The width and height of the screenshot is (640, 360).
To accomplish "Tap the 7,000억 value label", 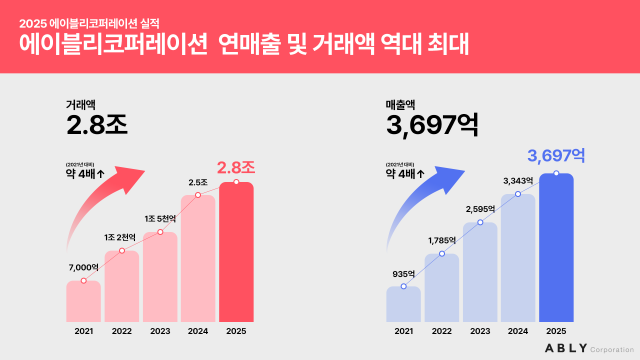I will click(x=83, y=268).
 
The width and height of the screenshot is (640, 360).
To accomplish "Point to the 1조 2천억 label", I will click(x=122, y=236).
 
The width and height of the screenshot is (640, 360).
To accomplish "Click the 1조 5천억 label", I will click(x=160, y=219).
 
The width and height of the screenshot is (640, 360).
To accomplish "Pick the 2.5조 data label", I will click(x=198, y=182).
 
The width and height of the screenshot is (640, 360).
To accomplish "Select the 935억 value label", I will click(x=403, y=272).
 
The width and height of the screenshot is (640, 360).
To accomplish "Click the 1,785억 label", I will click(x=441, y=240).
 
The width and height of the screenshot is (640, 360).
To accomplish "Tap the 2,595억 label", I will click(x=479, y=208).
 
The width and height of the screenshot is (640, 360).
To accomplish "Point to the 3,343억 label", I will click(x=518, y=180).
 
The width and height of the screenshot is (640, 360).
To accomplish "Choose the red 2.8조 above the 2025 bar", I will click(x=237, y=166).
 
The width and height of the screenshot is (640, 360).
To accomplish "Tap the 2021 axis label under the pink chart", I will click(x=83, y=330).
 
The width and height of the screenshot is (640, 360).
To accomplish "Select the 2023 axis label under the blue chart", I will click(x=480, y=330).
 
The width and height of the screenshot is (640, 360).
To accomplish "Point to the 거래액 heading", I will click(x=82, y=103).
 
